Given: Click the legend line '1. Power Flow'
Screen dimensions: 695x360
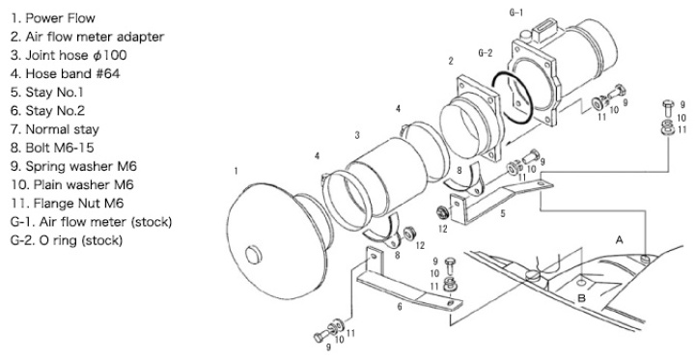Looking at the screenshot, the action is point(53,18).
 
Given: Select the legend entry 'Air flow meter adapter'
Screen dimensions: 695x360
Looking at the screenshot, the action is point(95,37).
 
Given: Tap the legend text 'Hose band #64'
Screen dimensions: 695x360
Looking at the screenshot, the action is point(72,73).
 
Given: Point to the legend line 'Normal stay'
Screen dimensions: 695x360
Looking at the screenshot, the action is point(63,129).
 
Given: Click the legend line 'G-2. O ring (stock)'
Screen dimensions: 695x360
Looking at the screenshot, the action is point(66,240).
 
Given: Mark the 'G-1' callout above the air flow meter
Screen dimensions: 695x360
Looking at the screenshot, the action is point(515,13).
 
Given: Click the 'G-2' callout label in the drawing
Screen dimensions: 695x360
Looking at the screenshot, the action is point(486,53).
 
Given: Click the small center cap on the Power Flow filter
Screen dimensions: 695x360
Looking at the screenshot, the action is point(254,256).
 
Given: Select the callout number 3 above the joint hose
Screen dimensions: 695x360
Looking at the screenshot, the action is point(357,136).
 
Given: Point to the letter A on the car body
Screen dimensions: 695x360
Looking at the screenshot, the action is point(619,240).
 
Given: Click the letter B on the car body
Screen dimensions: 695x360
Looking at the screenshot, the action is point(582,298).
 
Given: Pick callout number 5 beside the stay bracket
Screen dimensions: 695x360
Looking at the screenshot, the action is point(503,213).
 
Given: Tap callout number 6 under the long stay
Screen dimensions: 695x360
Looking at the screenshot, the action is point(400,306).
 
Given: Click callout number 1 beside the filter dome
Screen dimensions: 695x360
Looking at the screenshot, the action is point(236,171).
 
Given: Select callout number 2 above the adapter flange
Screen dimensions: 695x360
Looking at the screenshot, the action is point(451,61).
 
